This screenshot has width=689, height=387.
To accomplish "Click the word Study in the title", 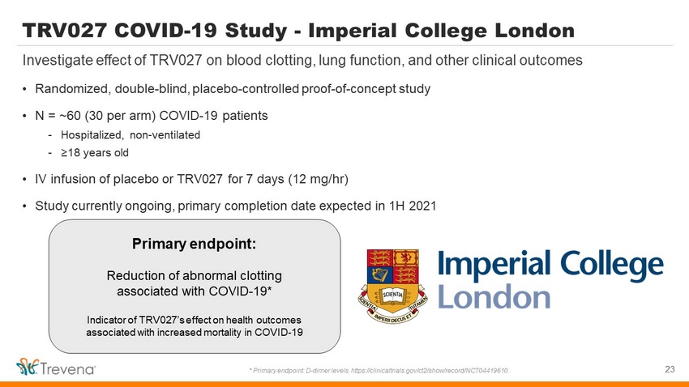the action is [255, 31].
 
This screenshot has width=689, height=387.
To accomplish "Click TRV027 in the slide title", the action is [65, 31].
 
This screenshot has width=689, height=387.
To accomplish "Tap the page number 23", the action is [670, 369].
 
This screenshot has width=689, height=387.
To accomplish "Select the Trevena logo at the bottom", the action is [55, 367].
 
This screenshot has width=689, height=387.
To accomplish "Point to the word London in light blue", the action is [494, 297].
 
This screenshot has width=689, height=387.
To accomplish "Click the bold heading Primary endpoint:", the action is [195, 244].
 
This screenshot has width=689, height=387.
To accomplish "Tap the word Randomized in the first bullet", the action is [71, 89].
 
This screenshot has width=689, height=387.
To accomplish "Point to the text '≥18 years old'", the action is [95, 153].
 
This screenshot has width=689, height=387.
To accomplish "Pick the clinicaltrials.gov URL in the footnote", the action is [430, 371].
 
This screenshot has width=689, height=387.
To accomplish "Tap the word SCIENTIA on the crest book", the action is [392, 295].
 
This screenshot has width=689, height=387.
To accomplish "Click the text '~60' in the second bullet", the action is [70, 116].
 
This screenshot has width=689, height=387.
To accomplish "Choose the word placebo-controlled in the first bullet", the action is [246, 89].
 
